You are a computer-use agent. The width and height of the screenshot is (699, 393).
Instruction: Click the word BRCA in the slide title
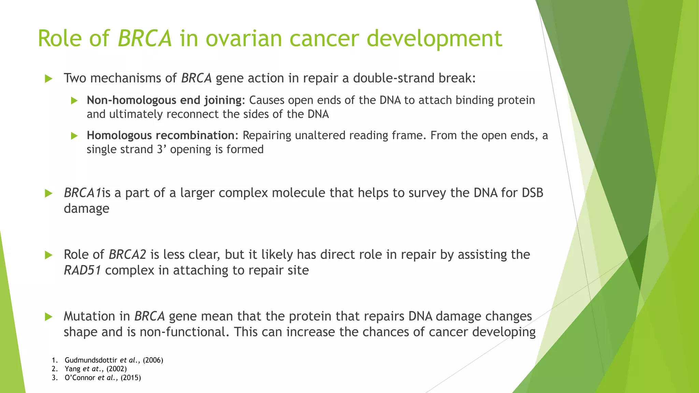[145, 38]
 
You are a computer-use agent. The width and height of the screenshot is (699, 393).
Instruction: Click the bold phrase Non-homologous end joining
[164, 100]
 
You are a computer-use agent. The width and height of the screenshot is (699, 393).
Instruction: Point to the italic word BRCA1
[82, 193]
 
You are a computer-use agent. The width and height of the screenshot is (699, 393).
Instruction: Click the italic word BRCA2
[127, 255]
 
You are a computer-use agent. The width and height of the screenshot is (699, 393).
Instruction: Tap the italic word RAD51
[82, 271]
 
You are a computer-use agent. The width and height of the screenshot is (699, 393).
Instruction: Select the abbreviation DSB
[532, 193]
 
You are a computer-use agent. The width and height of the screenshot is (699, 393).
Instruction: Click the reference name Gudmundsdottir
[91, 360]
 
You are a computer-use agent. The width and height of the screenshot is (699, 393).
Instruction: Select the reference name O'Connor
[80, 378]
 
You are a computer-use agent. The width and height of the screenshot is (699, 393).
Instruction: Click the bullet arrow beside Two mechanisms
[48, 79]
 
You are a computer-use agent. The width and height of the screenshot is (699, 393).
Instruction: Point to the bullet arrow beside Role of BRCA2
[48, 255]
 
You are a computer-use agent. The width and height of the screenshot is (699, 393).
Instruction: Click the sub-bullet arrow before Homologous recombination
[74, 136]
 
